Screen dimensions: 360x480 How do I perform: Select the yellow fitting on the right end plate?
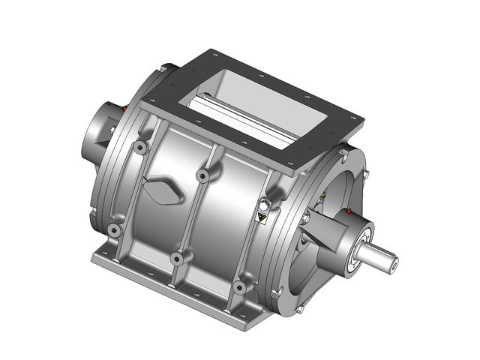tap(323, 196)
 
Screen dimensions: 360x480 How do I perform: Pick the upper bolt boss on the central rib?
tap(202, 175)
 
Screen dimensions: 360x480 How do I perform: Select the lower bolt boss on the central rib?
tap(177, 259)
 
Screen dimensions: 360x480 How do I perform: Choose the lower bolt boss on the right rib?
tap(238, 287)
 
